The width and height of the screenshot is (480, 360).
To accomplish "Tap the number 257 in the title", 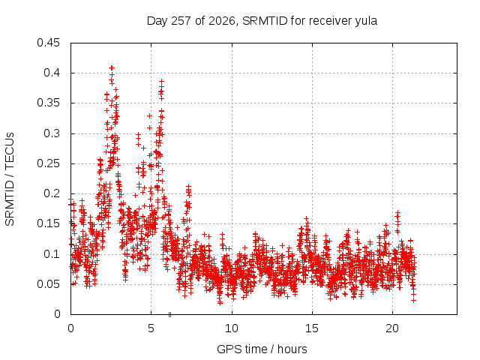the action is point(181,21).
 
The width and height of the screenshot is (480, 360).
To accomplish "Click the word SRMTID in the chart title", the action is point(265,21).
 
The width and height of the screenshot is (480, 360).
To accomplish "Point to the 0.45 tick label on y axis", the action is point(48,43).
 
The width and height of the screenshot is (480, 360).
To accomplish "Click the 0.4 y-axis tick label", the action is point(52,73).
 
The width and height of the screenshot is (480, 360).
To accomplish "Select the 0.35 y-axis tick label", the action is point(48,103).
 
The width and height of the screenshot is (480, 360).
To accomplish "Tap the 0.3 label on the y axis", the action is point(52,133).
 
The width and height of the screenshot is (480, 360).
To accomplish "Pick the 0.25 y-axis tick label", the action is point(48,163).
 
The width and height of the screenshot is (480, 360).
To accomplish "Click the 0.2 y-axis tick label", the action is point(52,193).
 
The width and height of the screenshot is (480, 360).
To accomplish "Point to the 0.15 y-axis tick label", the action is point(48,223).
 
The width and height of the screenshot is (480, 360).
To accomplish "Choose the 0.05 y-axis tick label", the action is point(48,284).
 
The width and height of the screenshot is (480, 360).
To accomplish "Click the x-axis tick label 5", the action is point(151,328).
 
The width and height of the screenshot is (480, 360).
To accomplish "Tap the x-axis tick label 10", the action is point(232,328).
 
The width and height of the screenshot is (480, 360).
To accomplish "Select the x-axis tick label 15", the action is point(312,328).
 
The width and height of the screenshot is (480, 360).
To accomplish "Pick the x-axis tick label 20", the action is point(392,328).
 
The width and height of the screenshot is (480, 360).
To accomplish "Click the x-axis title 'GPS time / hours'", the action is point(262,349).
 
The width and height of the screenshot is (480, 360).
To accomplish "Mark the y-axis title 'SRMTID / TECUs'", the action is point(10,179).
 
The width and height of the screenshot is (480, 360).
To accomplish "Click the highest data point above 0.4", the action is point(112,67).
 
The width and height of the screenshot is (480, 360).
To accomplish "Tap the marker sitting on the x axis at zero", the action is point(170,315).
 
